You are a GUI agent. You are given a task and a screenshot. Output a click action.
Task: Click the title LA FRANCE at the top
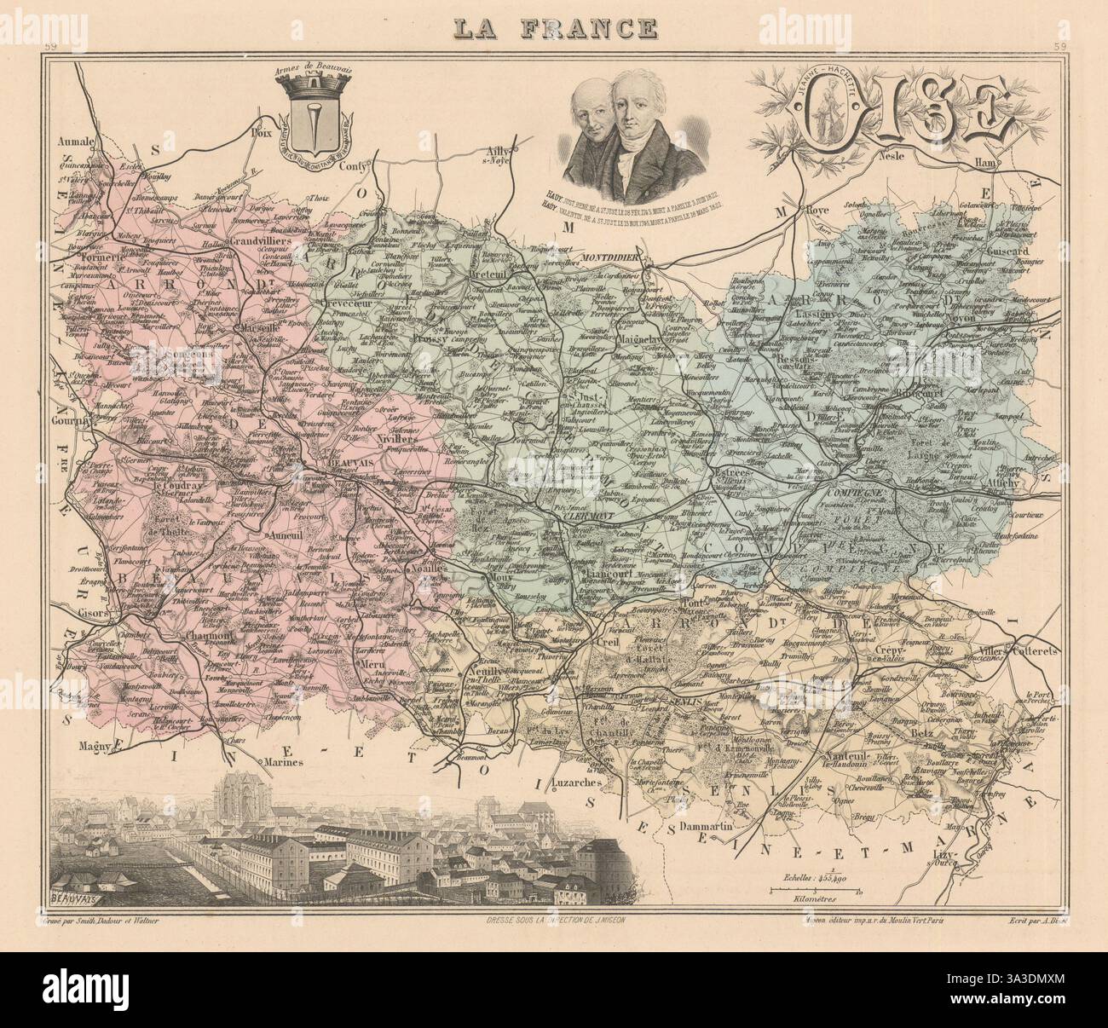click(x=554, y=28)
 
